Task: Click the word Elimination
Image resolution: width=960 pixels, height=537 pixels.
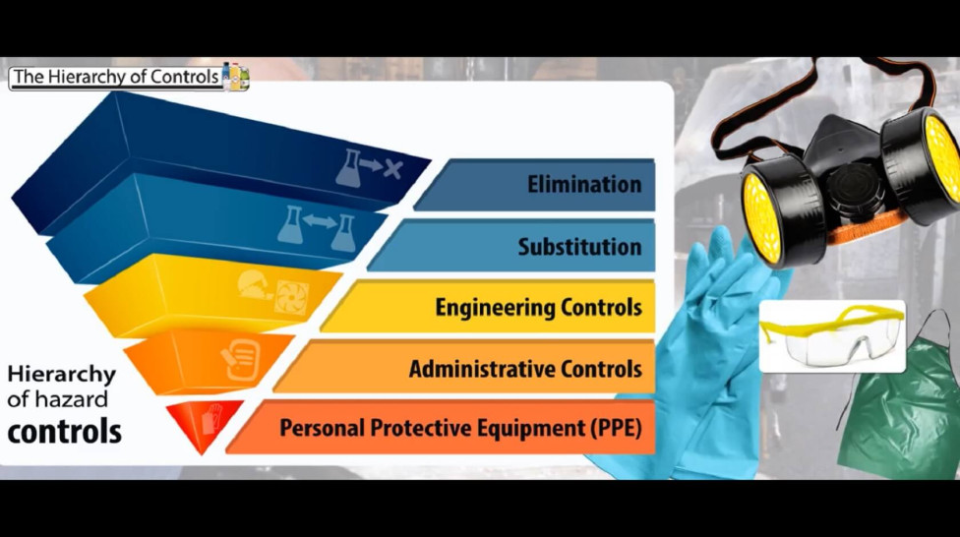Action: [583, 184]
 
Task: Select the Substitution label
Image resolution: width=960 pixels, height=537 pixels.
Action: [579, 246]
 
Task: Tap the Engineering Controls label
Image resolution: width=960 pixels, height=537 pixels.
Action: [538, 307]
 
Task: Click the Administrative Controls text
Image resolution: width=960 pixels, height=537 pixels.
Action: [525, 370]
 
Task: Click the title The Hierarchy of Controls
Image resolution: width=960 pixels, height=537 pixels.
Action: [116, 77]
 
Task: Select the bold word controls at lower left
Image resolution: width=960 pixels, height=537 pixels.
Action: [65, 431]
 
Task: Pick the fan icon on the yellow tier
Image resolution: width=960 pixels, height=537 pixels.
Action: [291, 296]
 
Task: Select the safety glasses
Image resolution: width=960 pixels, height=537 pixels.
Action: [831, 334]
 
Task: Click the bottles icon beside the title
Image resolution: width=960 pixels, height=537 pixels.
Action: [236, 77]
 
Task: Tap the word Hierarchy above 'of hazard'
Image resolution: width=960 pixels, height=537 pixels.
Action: [61, 375]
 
